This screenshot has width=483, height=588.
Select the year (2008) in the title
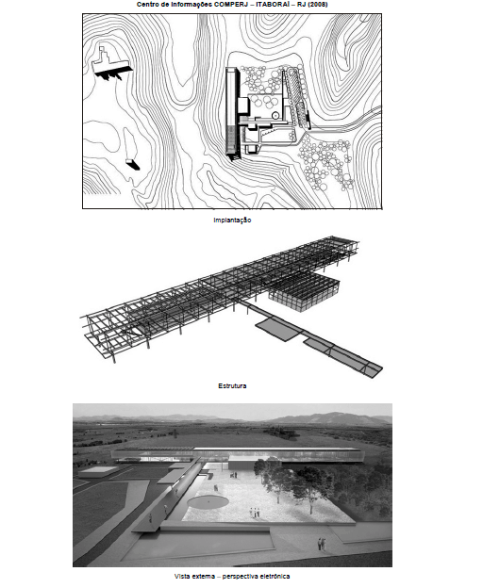click(318, 5)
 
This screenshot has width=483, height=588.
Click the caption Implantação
click(232, 220)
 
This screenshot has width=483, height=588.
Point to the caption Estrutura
click(232, 386)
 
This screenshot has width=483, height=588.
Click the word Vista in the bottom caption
click(182, 577)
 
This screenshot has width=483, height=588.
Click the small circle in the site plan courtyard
click(275, 116)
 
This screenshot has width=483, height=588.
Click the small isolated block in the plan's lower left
click(133, 164)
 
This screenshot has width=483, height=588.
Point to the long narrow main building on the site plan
click(233, 112)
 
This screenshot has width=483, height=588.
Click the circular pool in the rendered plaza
click(208, 501)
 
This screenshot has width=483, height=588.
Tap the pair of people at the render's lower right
click(322, 544)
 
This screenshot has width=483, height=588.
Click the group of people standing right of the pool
click(255, 513)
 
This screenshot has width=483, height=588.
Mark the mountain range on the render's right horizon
click(330, 417)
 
